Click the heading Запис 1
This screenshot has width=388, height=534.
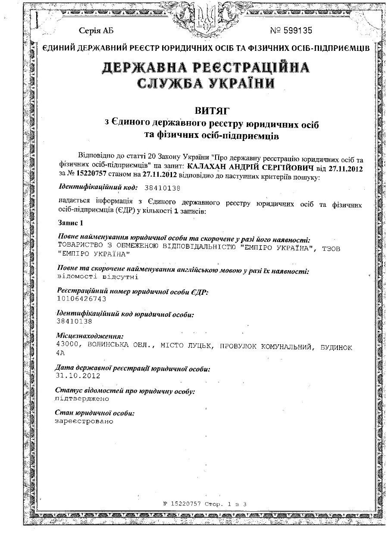coord(69,223)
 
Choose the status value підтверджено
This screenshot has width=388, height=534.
coord(82,399)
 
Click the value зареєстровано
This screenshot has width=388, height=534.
coord(84,421)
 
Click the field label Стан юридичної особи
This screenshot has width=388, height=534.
coord(95,413)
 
